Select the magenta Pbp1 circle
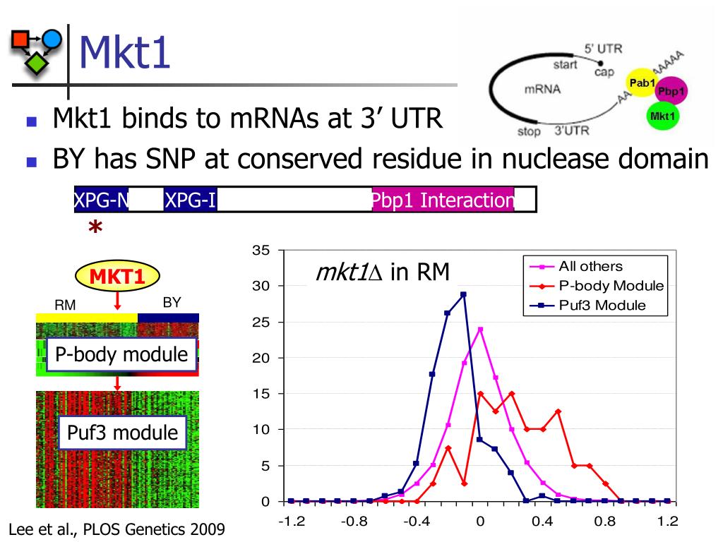[x=671, y=92]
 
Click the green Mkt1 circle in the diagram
[x=662, y=116]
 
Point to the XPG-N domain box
[x=102, y=201]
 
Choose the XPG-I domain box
[x=190, y=201]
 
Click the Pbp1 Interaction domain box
[x=443, y=201]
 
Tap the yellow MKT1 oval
[x=117, y=277]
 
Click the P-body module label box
[x=121, y=354]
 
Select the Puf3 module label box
[x=123, y=432]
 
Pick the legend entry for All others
[x=590, y=267]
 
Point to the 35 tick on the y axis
[x=261, y=251]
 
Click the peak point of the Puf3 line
[x=463, y=294]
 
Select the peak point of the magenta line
[x=480, y=330]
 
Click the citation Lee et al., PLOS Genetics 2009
[x=117, y=529]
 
